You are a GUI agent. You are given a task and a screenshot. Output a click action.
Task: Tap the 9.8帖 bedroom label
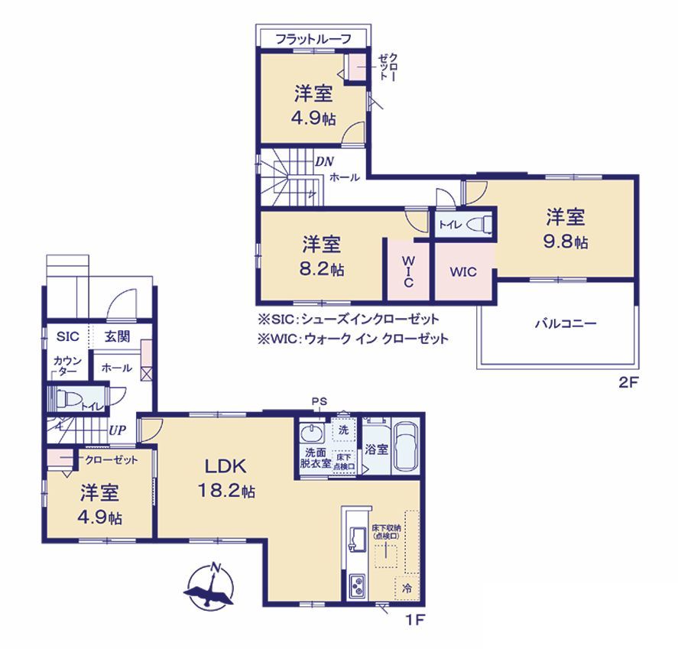pyautogui.click(x=566, y=229)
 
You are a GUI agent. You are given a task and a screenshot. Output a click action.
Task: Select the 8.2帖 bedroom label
pyautogui.click(x=322, y=256)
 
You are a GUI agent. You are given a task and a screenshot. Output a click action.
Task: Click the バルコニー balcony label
pyautogui.click(x=566, y=323)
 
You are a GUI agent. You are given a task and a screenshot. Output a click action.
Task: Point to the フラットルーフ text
pyautogui.click(x=313, y=39)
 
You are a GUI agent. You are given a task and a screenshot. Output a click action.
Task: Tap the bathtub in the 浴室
pyautogui.click(x=406, y=447)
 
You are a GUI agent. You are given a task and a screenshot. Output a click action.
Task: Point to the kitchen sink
pyautogui.click(x=357, y=539)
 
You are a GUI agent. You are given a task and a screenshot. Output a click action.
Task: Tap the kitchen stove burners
pyautogui.click(x=357, y=586)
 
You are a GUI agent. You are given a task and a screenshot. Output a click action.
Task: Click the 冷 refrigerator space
pyautogui.click(x=407, y=589)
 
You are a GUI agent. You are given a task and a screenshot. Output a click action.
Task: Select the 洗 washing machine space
pyautogui.click(x=343, y=430)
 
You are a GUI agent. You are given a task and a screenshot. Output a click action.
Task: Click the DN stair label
pyautogui.click(x=324, y=162)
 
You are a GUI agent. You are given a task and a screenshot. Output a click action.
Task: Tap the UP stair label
pyautogui.click(x=117, y=430)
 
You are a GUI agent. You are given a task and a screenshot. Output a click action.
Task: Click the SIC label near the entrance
pyautogui.click(x=68, y=336)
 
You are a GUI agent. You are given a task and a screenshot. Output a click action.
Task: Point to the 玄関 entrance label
pyautogui.click(x=117, y=336)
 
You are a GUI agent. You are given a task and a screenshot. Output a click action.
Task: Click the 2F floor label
pyautogui.click(x=628, y=383)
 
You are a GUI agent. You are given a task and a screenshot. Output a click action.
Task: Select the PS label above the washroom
pyautogui.click(x=320, y=401)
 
